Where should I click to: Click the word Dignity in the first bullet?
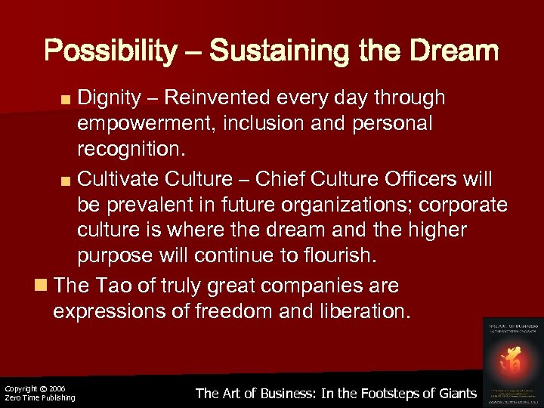[110, 97]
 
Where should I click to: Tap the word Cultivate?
[118, 179]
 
